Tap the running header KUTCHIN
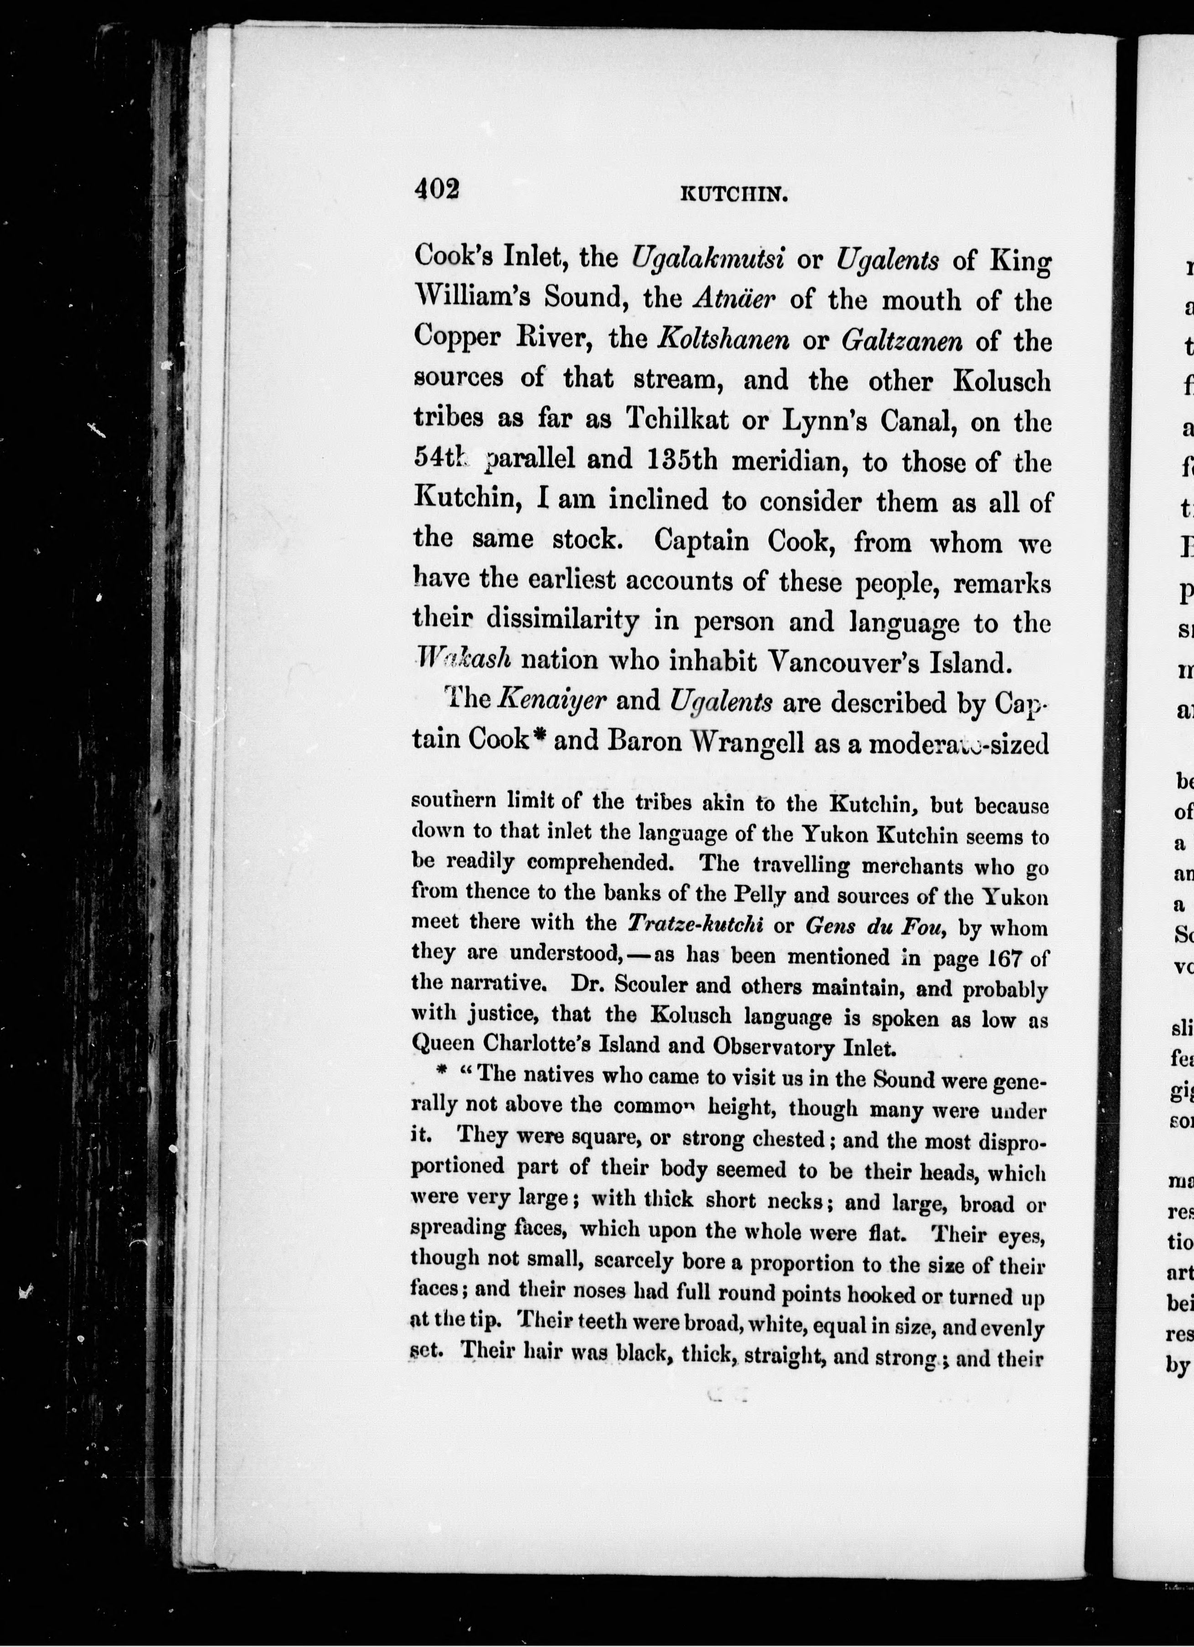click(733, 194)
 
